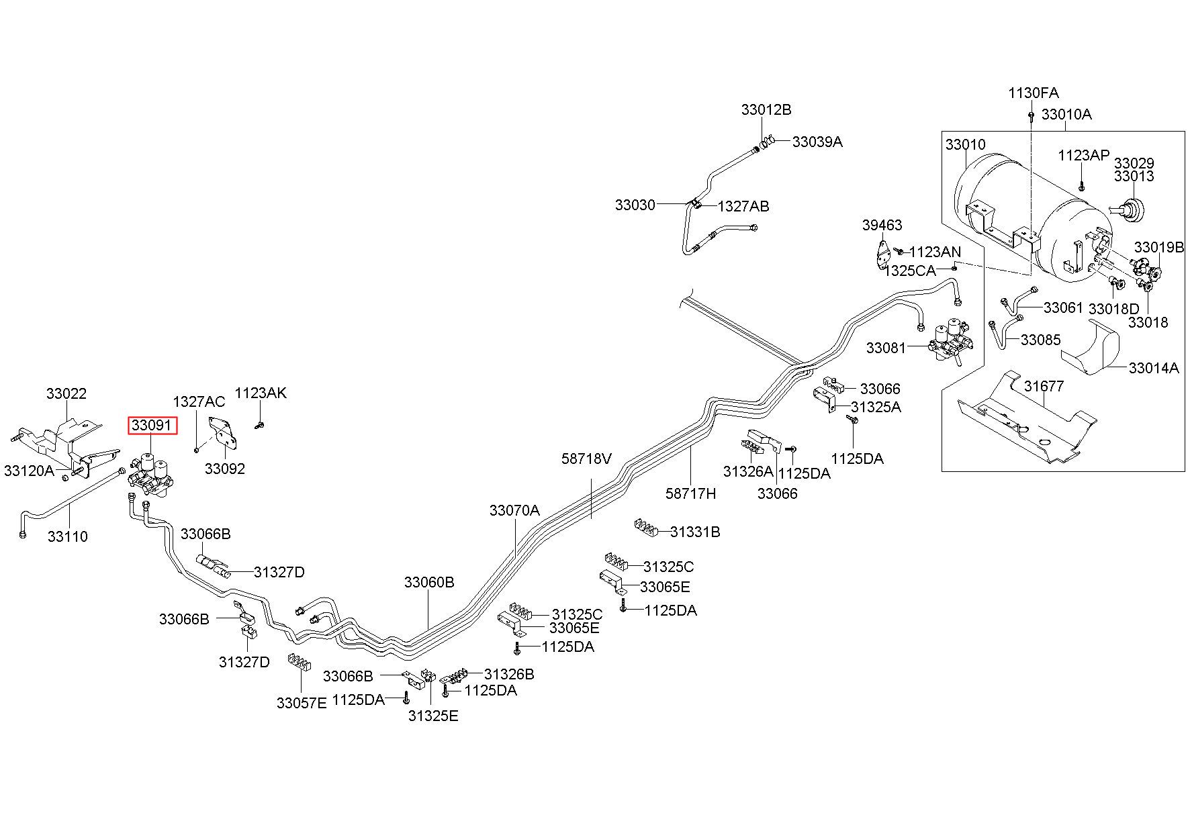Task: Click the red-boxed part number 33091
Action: click(154, 426)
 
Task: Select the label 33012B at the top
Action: click(766, 109)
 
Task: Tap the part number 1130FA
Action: click(1034, 93)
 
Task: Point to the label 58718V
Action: click(587, 459)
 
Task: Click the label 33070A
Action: click(514, 510)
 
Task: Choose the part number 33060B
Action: click(429, 582)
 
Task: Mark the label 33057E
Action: click(302, 703)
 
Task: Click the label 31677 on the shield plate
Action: click(1045, 387)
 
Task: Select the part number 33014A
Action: click(1154, 368)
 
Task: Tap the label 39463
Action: click(882, 226)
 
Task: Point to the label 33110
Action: click(68, 536)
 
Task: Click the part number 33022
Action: click(66, 394)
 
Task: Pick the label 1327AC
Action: click(199, 402)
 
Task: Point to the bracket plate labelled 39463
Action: click(882, 256)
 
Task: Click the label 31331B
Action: click(695, 532)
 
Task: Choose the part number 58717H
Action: click(691, 493)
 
